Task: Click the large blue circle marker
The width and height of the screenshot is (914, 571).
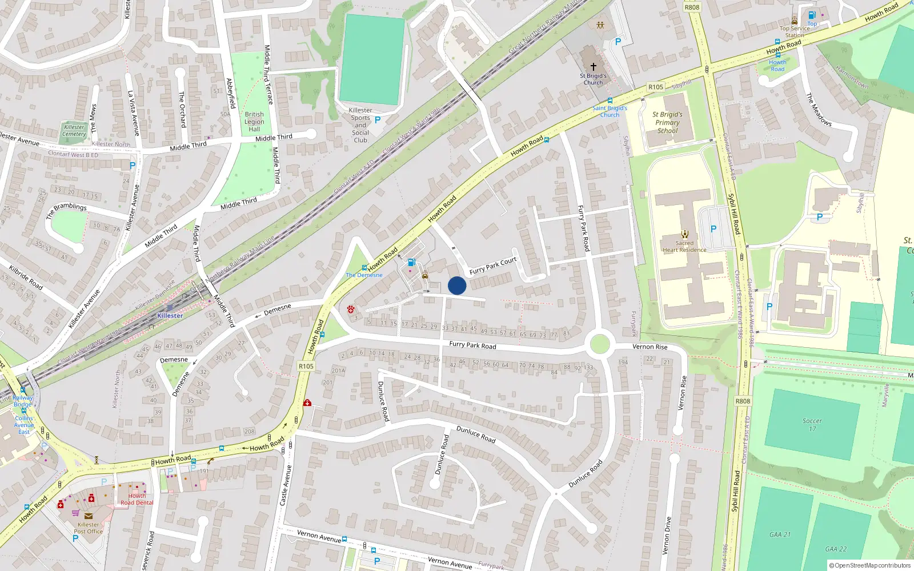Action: [457, 285]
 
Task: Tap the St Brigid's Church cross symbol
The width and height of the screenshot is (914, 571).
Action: [594, 67]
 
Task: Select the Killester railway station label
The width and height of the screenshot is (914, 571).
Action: [170, 316]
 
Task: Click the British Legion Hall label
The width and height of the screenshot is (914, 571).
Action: [254, 122]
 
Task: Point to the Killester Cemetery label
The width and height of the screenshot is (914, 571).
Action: [74, 131]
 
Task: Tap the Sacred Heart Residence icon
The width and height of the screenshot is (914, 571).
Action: [685, 234]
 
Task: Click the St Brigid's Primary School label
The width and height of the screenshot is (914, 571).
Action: [667, 122]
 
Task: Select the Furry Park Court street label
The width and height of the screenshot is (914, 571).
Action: [492, 266]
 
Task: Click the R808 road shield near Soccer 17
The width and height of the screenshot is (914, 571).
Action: [743, 401]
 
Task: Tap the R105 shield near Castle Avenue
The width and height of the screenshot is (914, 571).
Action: [306, 366]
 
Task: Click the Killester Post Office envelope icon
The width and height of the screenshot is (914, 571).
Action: [89, 516]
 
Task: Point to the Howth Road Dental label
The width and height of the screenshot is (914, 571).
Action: [137, 499]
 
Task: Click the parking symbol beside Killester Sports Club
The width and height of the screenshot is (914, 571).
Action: [377, 120]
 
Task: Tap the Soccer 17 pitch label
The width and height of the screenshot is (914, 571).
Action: [812, 425]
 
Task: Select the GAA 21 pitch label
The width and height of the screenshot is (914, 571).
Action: [780, 534]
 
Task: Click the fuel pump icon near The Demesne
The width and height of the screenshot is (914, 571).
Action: [411, 263]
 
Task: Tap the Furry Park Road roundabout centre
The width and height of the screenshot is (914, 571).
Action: [599, 344]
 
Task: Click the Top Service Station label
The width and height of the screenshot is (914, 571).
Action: [794, 31]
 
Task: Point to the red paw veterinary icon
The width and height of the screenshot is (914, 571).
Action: [351, 309]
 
